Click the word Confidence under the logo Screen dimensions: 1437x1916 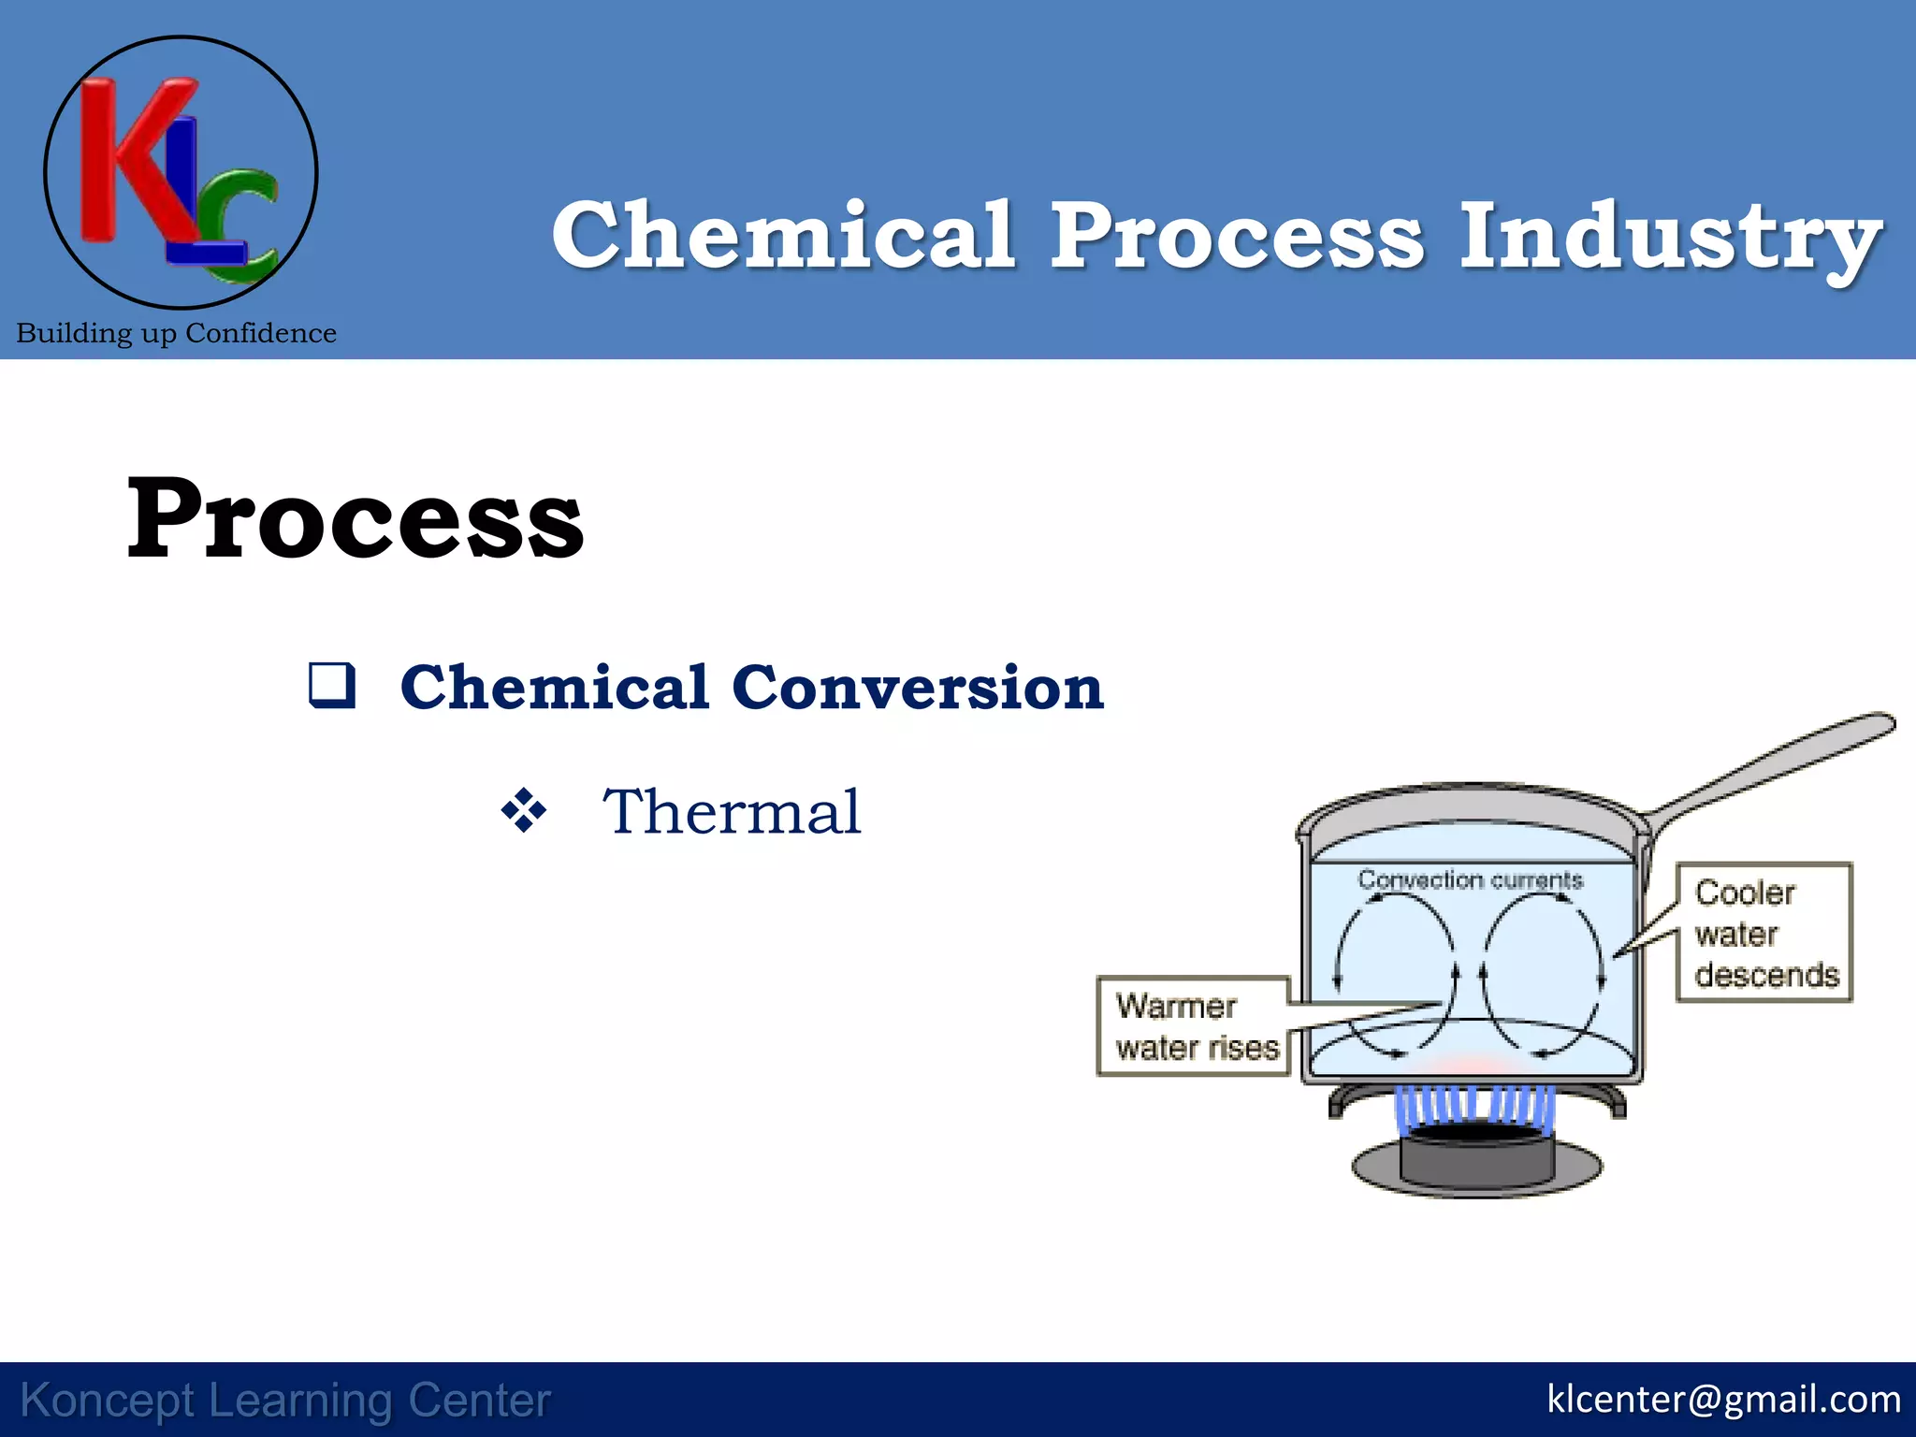point(261,333)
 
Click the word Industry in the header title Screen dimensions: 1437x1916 point(1671,237)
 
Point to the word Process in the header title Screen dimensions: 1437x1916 point(1237,237)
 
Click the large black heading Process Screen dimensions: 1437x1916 point(356,519)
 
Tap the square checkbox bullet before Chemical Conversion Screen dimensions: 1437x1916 point(332,685)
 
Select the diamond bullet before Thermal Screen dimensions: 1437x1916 point(524,810)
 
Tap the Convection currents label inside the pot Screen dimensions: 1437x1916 point(1470,879)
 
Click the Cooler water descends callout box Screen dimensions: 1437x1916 point(1764,933)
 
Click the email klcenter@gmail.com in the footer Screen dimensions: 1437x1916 point(1723,1400)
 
